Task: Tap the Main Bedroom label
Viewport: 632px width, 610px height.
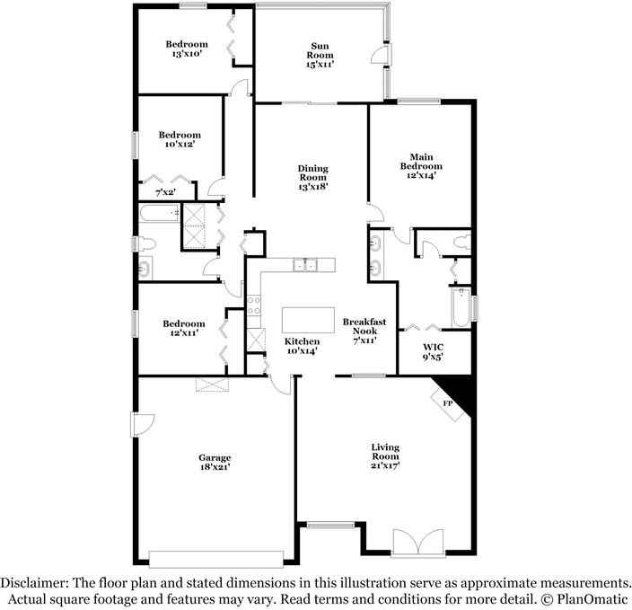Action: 421,166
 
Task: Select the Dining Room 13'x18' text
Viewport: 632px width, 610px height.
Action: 313,177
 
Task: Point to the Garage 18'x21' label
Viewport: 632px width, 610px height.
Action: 215,463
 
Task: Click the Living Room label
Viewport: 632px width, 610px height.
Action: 386,456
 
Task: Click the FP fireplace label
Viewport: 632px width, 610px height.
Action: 447,403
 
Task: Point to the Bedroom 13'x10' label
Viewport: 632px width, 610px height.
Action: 187,49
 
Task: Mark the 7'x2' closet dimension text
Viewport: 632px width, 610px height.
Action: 166,192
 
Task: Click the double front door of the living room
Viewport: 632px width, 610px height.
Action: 417,544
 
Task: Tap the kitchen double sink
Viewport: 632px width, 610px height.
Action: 307,264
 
